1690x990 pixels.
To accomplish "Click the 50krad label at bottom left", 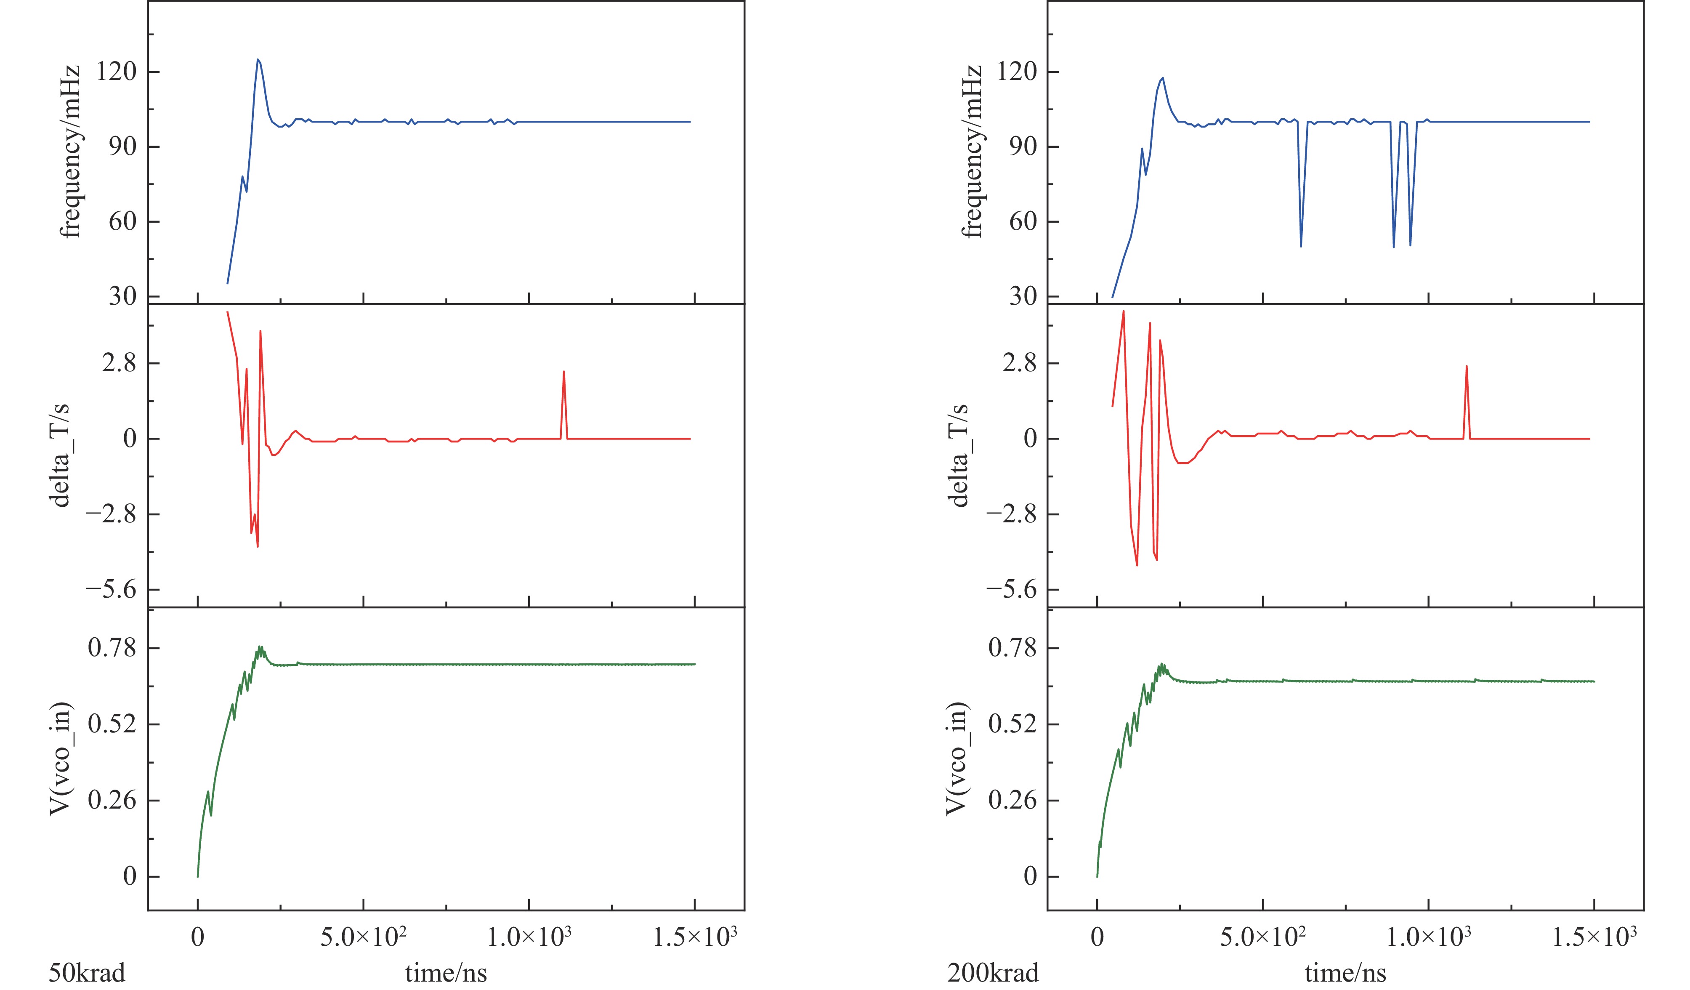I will click(x=87, y=972).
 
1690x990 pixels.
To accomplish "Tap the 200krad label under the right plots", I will click(x=993, y=972).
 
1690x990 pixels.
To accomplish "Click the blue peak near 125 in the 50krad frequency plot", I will click(x=258, y=60).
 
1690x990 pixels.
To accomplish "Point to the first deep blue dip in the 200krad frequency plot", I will click(x=1301, y=245).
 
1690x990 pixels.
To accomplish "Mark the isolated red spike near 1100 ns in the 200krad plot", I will click(x=1467, y=367).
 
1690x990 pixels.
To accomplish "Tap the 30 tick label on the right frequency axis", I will click(x=1023, y=296).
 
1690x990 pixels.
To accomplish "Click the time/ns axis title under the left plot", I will click(x=446, y=972).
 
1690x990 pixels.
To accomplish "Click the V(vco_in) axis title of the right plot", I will click(x=957, y=758).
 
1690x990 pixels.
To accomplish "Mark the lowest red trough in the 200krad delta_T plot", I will click(x=1137, y=565).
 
